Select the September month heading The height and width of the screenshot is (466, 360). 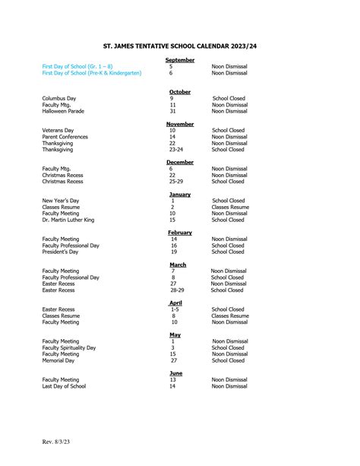179,59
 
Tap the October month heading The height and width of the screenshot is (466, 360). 180,92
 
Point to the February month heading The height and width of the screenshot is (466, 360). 180,232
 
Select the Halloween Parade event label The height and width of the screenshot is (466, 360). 65,111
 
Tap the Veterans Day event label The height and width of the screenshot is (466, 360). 58,131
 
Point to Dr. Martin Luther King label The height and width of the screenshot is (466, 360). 68,220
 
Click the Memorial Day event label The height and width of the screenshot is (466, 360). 58,360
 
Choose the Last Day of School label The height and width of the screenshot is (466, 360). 64,386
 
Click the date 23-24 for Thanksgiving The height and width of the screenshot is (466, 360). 176,150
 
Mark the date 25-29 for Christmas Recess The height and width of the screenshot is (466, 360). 176,182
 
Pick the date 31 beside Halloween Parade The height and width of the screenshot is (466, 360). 172,111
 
